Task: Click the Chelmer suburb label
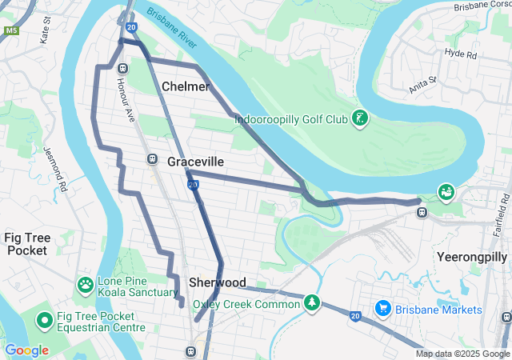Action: tap(186, 86)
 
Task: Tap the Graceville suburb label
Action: tap(195, 162)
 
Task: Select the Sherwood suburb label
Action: tap(217, 282)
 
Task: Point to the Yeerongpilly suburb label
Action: tap(473, 257)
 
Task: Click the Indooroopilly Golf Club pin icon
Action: tap(360, 119)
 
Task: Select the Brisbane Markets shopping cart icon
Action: tap(382, 309)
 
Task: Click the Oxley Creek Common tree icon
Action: tap(311, 303)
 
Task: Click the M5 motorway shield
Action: tap(10, 30)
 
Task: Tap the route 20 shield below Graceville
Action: tap(193, 185)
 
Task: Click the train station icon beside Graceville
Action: tap(152, 158)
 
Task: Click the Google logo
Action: tap(26, 350)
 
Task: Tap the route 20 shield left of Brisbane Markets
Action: tap(354, 317)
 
